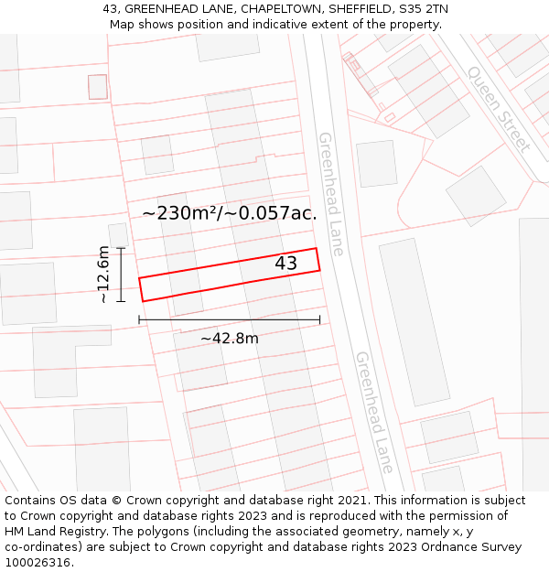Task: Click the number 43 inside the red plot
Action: pos(285,264)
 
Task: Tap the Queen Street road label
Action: pos(499,108)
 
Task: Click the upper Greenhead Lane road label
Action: pos(329,193)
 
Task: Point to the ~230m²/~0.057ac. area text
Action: pos(229,213)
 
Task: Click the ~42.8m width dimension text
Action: pos(229,339)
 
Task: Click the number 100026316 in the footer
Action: pos(38,563)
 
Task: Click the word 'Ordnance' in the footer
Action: pos(436,547)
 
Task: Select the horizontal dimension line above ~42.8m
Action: pos(229,319)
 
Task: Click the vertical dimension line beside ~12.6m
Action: pos(120,274)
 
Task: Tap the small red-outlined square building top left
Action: pos(98,87)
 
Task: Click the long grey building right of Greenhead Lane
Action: pos(414,321)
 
